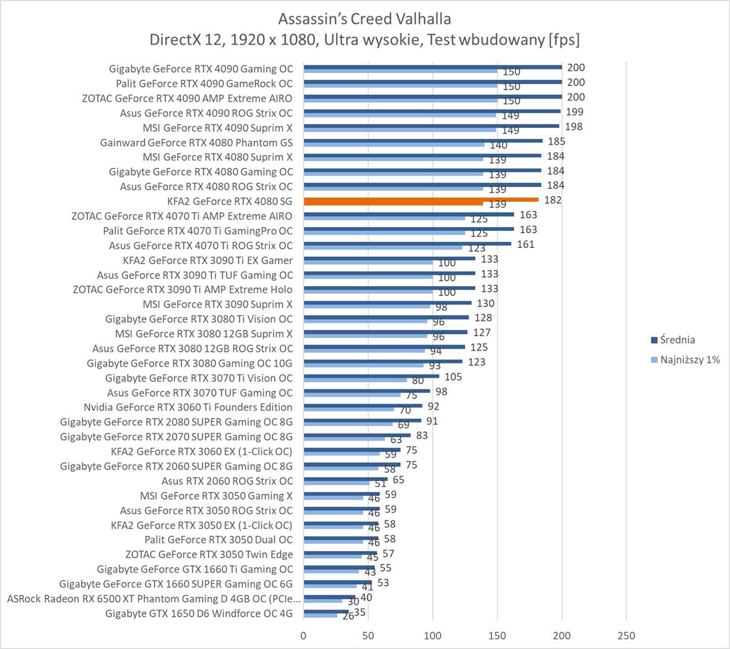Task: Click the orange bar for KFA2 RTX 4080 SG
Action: (420, 200)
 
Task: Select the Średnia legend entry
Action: (677, 339)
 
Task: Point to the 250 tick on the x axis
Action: (626, 635)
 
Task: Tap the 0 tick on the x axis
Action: (303, 635)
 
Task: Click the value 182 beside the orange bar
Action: (553, 200)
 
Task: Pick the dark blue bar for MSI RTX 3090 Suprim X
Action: (387, 302)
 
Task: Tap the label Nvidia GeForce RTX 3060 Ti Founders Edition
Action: (188, 407)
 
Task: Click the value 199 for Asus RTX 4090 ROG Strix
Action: (574, 112)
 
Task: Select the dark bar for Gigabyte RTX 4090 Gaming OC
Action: (432, 67)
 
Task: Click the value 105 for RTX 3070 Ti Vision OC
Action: (454, 376)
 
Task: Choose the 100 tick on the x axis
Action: (432, 635)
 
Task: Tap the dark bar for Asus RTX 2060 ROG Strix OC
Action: (345, 480)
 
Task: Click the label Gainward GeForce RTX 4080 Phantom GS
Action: (197, 142)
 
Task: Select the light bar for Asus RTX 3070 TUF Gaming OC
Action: (352, 395)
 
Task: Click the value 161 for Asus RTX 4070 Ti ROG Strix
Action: (526, 244)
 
